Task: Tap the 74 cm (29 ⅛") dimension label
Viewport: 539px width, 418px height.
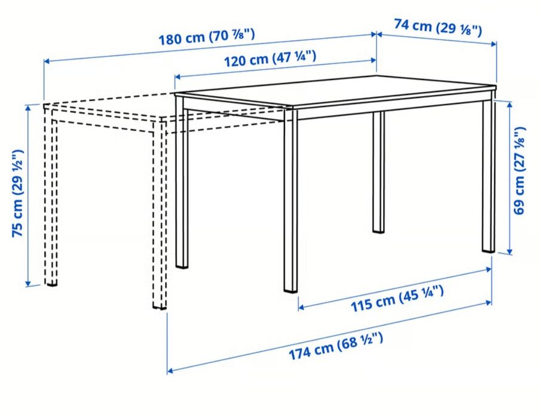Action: coord(438,27)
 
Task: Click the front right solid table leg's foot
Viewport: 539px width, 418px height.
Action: coord(290,288)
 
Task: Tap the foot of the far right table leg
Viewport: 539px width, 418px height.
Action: coord(489,248)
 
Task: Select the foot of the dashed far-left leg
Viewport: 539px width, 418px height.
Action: coord(51,281)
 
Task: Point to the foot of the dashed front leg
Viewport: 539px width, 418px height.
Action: coord(160,305)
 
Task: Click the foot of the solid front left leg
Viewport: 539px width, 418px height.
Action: coord(182,264)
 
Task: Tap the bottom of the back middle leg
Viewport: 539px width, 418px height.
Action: coord(378,229)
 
